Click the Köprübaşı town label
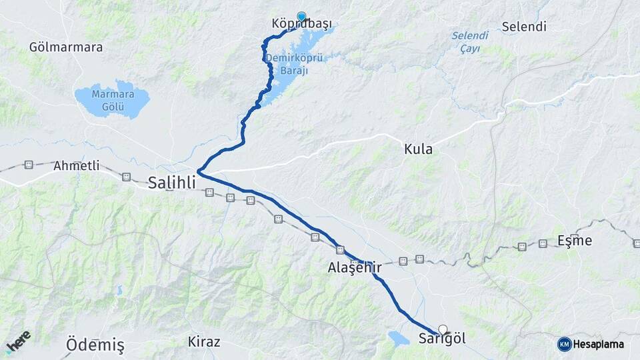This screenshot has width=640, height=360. coord(302,25)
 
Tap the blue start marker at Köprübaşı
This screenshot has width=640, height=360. coord(301,17)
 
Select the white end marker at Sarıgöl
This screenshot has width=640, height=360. coord(443,329)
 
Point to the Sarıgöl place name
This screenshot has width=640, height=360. coord(442,339)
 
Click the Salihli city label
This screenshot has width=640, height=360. coord(172,182)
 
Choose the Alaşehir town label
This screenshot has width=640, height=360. coord(355,267)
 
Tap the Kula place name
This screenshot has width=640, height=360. coord(418,149)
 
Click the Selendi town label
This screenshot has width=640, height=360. coord(524,27)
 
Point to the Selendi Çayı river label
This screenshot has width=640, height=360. coord(469,41)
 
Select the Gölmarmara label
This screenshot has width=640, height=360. coord(66,47)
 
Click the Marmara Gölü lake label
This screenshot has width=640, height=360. coord(113,99)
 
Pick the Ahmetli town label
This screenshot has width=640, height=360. coord(76,165)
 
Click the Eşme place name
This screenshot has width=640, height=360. coord(574,241)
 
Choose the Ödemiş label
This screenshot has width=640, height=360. coord(95,345)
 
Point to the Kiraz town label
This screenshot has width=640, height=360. coord(204,342)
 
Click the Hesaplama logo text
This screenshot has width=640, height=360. coord(598,344)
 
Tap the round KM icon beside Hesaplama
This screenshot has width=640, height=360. coord(565,344)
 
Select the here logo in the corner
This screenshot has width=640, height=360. coord(17,341)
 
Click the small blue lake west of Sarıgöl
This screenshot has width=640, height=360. coord(399,339)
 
